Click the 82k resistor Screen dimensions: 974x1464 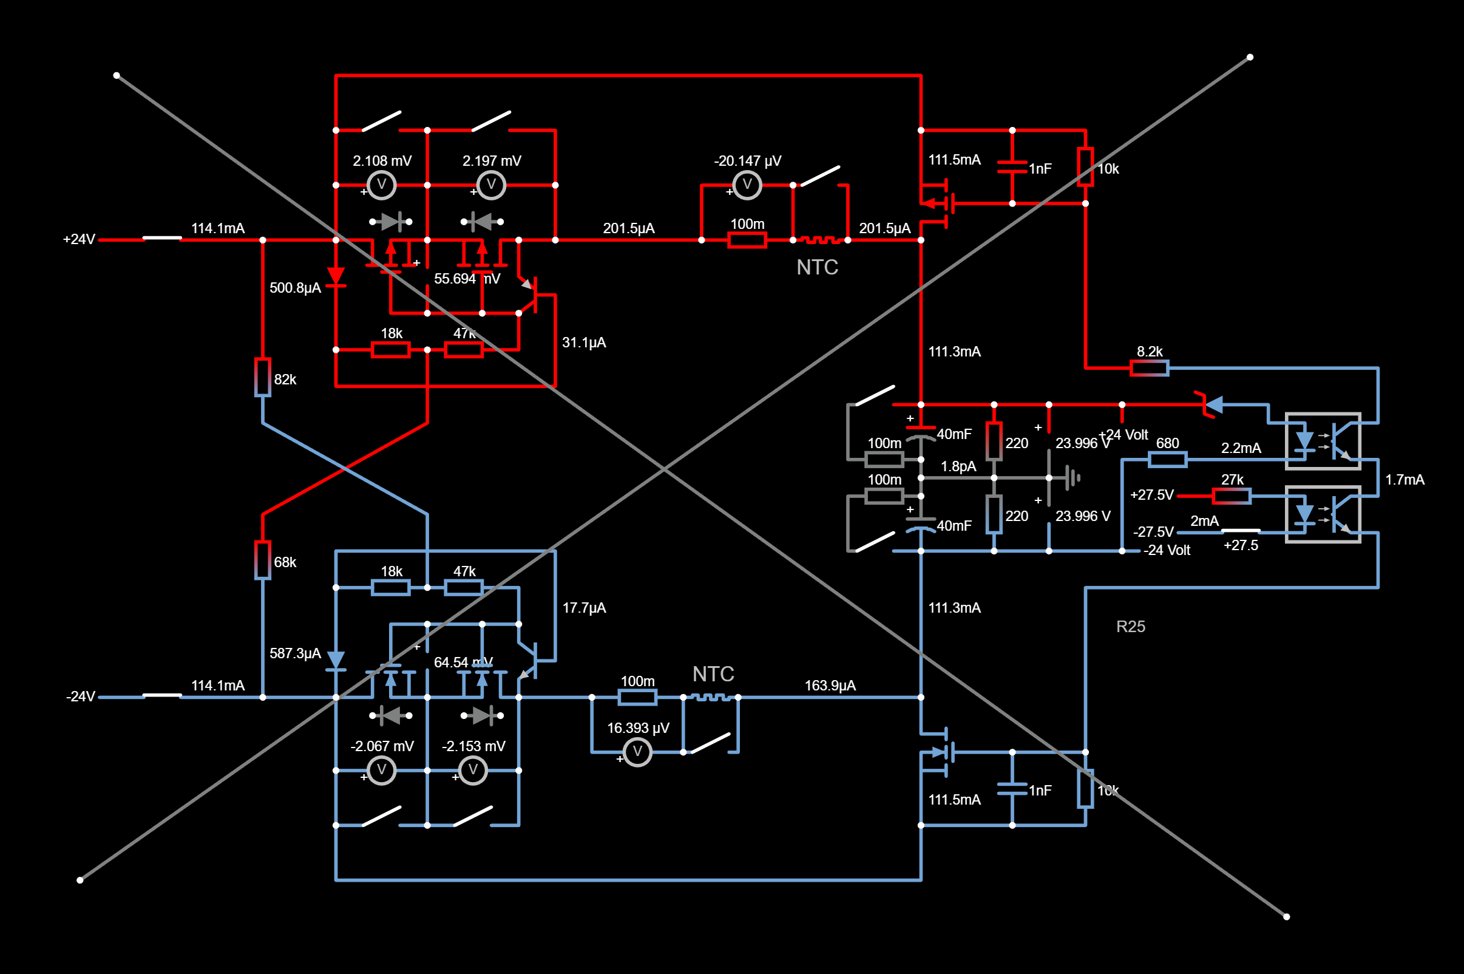(x=263, y=377)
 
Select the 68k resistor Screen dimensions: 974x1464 (x=263, y=560)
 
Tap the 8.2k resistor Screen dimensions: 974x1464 (x=1149, y=369)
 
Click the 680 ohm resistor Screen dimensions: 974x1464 (x=1167, y=460)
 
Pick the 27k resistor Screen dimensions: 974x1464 (x=1232, y=496)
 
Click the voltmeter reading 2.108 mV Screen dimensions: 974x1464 (x=382, y=185)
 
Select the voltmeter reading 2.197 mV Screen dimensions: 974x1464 (x=491, y=185)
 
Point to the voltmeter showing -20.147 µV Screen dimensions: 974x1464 (x=747, y=185)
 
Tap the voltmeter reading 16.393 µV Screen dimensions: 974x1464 (x=637, y=752)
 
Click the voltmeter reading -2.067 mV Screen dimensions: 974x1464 (x=382, y=771)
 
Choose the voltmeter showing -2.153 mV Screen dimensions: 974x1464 (x=473, y=771)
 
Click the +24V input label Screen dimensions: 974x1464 (x=79, y=239)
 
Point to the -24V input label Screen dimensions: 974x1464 (x=81, y=696)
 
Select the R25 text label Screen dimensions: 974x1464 (x=1131, y=627)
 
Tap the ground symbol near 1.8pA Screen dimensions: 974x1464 (x=1073, y=478)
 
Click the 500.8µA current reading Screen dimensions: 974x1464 (x=295, y=288)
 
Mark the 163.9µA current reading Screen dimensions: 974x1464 (x=830, y=685)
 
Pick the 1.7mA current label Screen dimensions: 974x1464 (x=1405, y=480)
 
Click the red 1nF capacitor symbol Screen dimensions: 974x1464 (x=1012, y=167)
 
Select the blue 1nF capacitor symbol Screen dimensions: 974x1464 (x=1012, y=789)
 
